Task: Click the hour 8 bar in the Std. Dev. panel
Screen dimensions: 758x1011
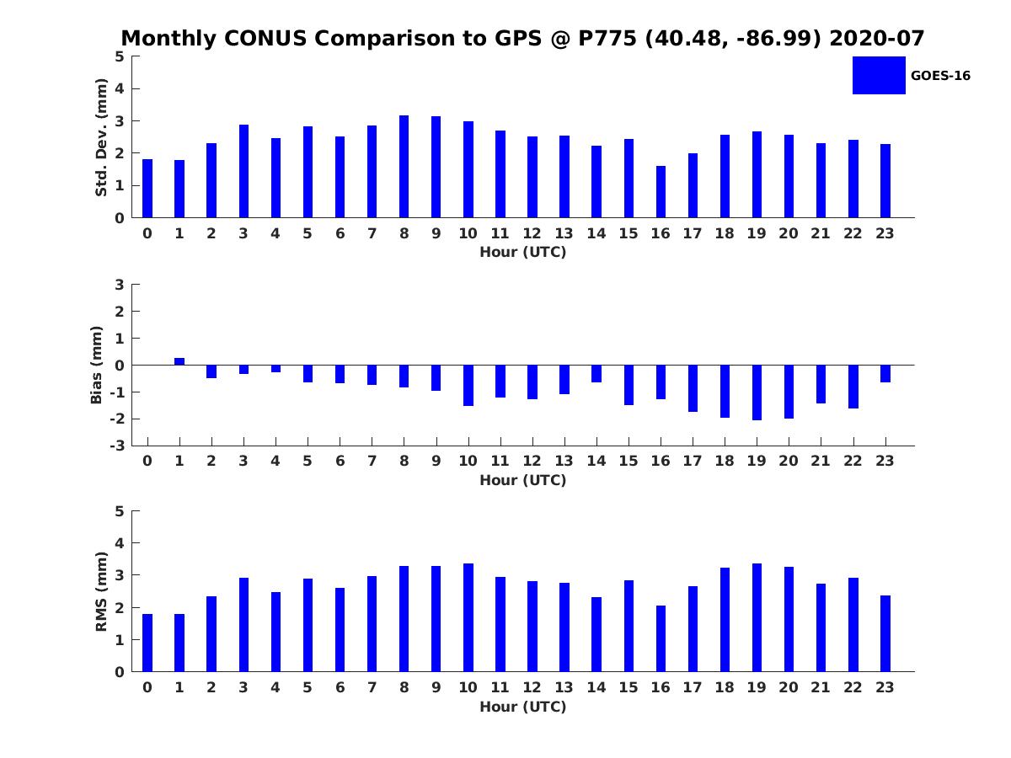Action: pos(404,167)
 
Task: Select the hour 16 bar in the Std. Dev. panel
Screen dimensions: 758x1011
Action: pos(661,192)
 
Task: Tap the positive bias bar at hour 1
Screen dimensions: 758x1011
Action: pos(179,361)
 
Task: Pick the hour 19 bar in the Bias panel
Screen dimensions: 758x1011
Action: pos(757,392)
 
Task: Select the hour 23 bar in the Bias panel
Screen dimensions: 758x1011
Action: pos(885,374)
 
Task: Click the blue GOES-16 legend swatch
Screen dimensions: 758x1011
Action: pos(879,75)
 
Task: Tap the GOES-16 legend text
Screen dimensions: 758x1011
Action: pos(940,76)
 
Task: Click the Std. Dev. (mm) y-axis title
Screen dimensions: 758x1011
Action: pos(101,137)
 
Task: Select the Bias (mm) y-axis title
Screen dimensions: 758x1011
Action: pos(97,365)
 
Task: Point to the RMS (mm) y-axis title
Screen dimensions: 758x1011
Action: pos(101,591)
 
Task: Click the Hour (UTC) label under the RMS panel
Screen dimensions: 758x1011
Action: pos(522,707)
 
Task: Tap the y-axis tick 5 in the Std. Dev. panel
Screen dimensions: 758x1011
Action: pos(120,56)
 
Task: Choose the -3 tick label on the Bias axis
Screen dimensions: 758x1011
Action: pos(116,446)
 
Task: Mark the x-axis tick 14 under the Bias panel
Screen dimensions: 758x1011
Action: pos(596,461)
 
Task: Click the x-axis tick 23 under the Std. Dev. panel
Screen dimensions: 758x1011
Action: pos(885,233)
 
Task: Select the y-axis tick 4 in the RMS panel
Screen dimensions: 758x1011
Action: pos(120,543)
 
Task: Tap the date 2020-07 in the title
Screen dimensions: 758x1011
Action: pos(876,39)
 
